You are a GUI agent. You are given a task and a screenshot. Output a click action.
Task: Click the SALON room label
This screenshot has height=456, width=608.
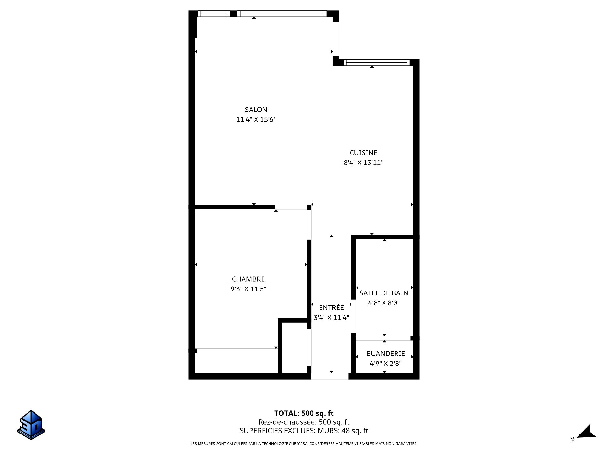[x=256, y=110]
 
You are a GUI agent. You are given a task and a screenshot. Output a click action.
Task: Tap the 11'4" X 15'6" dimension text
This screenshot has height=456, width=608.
[x=256, y=120]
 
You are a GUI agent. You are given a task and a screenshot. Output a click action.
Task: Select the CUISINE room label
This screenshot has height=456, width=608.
[x=363, y=153]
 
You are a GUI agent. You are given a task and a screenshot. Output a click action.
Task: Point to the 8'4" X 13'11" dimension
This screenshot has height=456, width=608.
[x=364, y=163]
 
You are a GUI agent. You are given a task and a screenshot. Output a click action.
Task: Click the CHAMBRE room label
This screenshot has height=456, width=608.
[x=248, y=279]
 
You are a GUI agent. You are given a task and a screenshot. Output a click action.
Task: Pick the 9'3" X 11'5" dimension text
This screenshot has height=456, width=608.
[x=248, y=289]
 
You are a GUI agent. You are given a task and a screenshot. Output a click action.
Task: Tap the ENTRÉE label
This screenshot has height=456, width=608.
[x=331, y=307]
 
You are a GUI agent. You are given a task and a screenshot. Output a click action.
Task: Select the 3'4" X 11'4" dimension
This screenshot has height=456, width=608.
[x=331, y=318]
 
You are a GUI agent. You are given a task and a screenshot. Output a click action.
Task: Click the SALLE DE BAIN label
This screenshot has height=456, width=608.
[x=384, y=293]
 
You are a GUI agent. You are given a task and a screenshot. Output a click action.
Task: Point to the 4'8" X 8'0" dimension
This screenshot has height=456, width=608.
[x=384, y=303]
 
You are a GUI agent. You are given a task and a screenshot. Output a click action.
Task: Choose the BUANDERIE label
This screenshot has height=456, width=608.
[x=386, y=354]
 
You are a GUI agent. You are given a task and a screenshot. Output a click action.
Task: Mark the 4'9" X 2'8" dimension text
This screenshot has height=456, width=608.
[x=386, y=364]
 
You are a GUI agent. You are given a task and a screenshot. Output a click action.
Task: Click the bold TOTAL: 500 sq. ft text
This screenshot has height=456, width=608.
[x=304, y=413]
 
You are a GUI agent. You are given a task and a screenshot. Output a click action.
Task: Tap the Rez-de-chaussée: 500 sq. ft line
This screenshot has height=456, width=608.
[x=304, y=422]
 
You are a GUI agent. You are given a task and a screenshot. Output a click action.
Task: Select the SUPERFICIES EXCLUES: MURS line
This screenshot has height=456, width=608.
[x=304, y=431]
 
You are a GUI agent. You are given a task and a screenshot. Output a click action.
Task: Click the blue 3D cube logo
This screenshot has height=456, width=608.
[x=31, y=425]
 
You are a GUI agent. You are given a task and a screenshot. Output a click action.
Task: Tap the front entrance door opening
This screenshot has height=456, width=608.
[x=330, y=376]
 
